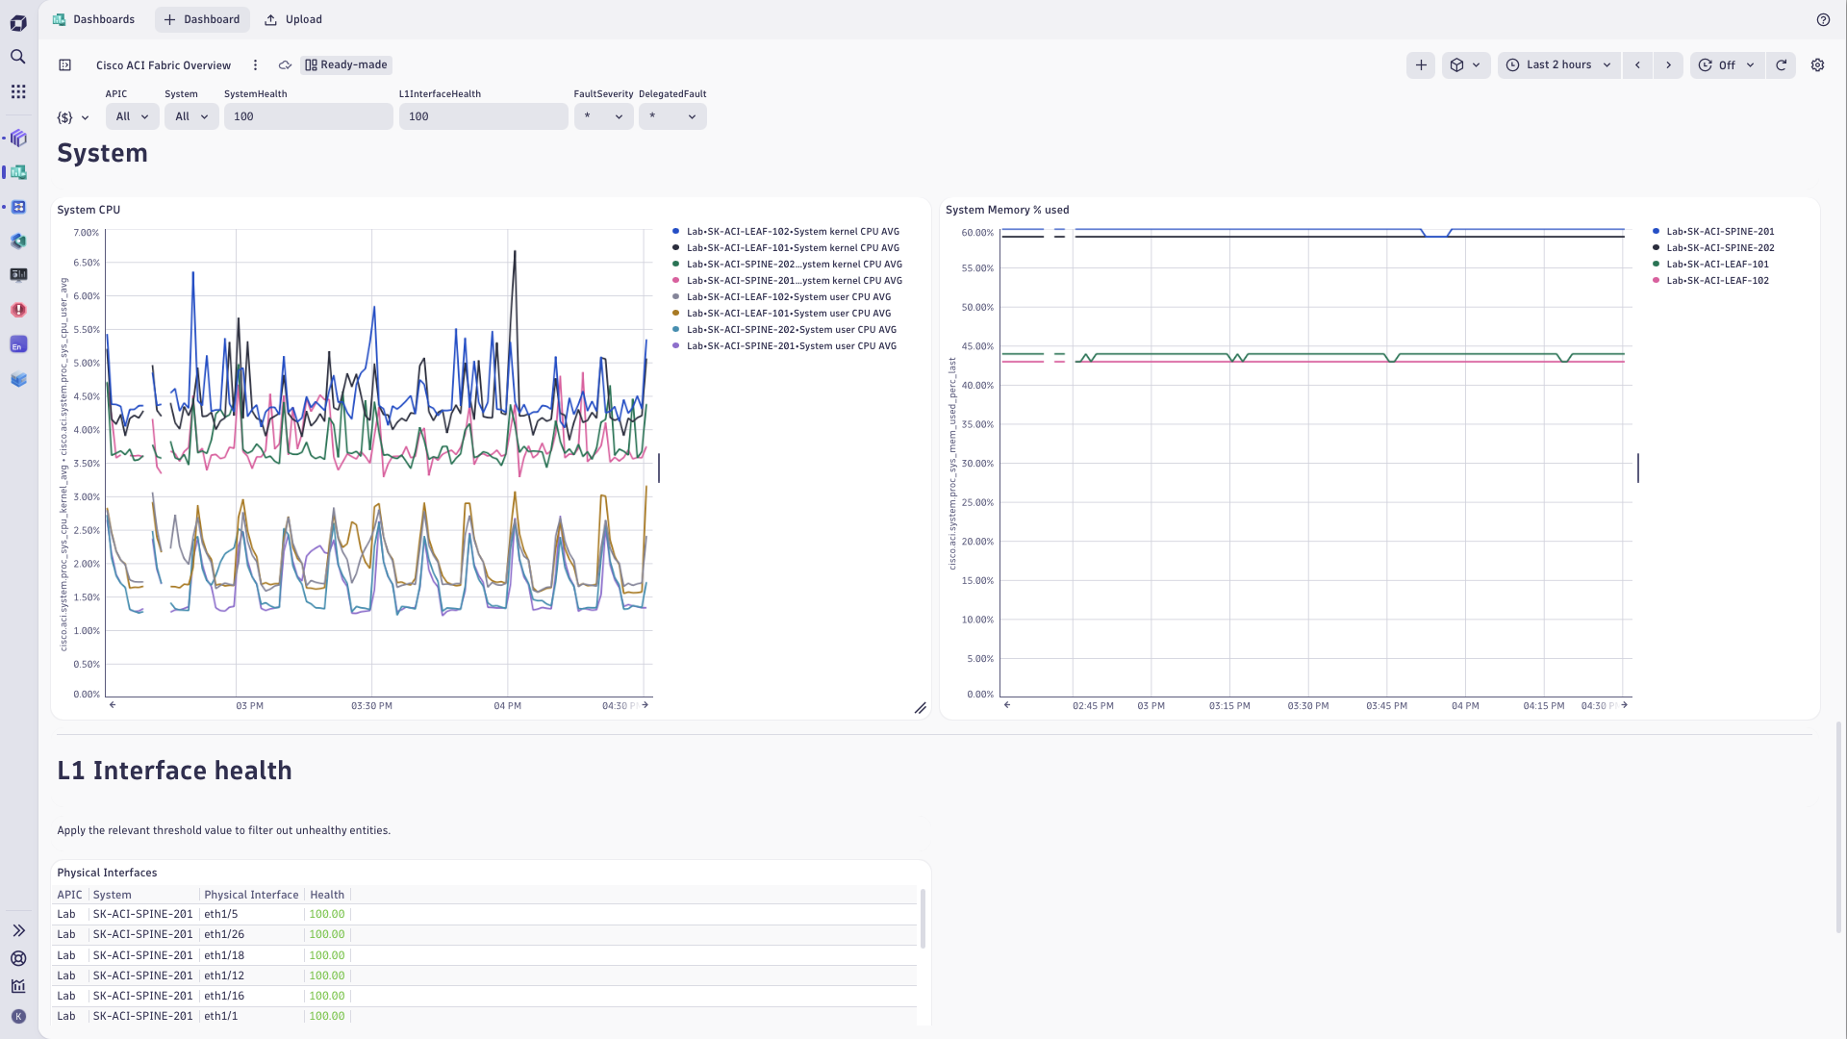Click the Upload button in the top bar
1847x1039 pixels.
[293, 19]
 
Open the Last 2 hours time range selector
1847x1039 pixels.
[1558, 64]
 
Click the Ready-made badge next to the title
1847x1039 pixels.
[346, 64]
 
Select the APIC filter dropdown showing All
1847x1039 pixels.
[132, 116]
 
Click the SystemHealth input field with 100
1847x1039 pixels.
[308, 116]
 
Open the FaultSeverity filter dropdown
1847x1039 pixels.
[603, 116]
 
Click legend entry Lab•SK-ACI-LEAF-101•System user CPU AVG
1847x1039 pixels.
[788, 313]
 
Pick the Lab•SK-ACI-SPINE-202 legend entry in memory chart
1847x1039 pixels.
[1720, 247]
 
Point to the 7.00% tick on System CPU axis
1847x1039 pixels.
[87, 233]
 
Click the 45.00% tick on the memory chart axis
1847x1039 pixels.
[977, 346]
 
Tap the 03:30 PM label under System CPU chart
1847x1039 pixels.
[371, 706]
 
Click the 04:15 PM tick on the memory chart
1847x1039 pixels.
[1543, 706]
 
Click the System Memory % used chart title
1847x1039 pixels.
[1007, 210]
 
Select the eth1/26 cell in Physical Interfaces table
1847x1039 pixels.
[224, 934]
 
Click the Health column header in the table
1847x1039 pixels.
[327, 895]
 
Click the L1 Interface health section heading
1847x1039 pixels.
[174, 771]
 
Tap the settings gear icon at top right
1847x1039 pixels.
[1817, 64]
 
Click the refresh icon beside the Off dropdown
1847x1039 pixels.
[1781, 64]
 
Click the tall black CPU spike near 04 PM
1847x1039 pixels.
[515, 255]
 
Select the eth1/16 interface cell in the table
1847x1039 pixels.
[224, 996]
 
